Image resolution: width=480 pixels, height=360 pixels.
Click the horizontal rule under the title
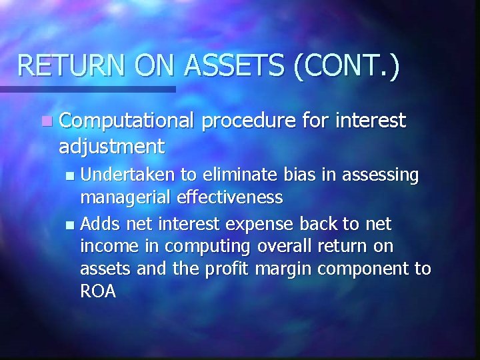pyautogui.click(x=87, y=89)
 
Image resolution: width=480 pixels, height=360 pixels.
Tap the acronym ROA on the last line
pyautogui.click(x=97, y=291)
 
